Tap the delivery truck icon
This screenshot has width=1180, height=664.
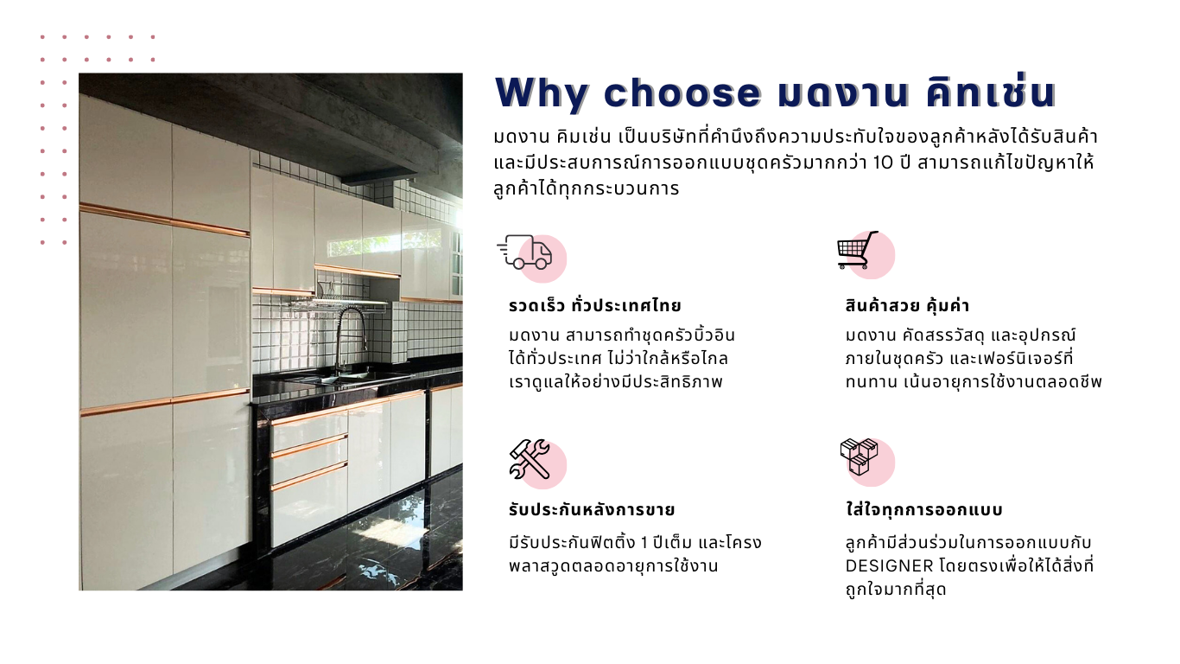525,252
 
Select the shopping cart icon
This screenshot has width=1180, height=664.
858,250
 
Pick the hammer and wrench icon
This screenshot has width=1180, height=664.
530,459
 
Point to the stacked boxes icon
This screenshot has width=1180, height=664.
860,456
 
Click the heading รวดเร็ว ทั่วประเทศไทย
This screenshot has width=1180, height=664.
594,306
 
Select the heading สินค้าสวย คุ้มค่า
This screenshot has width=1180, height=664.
907,306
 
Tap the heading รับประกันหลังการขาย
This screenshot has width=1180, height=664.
592,510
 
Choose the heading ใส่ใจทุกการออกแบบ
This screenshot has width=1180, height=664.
924,509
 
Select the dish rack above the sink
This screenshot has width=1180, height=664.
337,304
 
